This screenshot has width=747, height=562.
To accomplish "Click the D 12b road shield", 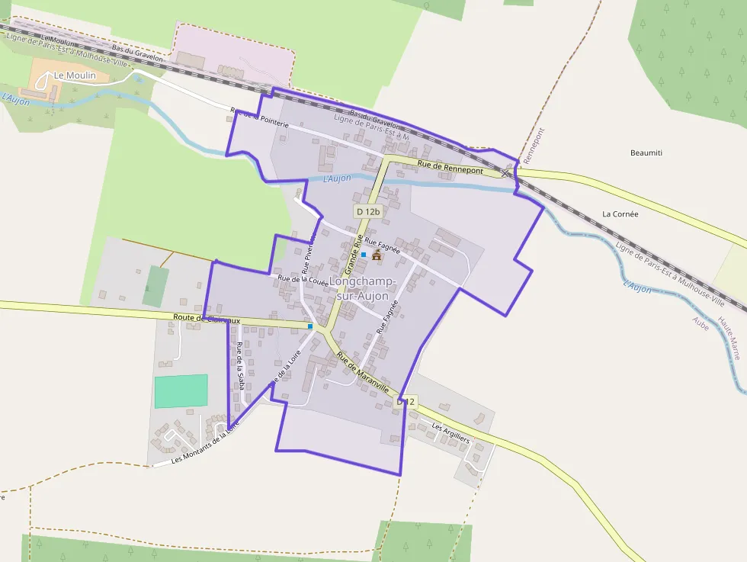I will click(367, 211).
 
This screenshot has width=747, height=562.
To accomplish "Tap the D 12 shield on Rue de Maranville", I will click(407, 401).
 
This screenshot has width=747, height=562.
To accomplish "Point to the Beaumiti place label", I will click(646, 153).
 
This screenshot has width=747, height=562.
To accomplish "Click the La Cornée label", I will click(620, 214).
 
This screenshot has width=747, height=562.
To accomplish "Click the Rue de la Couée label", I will click(303, 280).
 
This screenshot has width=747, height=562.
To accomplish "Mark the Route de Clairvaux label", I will click(207, 319).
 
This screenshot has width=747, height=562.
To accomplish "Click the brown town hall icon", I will click(377, 254).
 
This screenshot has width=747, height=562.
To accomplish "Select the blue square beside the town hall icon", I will click(364, 254).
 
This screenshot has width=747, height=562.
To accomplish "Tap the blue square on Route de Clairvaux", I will click(310, 326).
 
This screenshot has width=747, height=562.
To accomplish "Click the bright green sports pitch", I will click(181, 390).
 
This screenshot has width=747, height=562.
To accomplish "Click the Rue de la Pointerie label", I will click(260, 117).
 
